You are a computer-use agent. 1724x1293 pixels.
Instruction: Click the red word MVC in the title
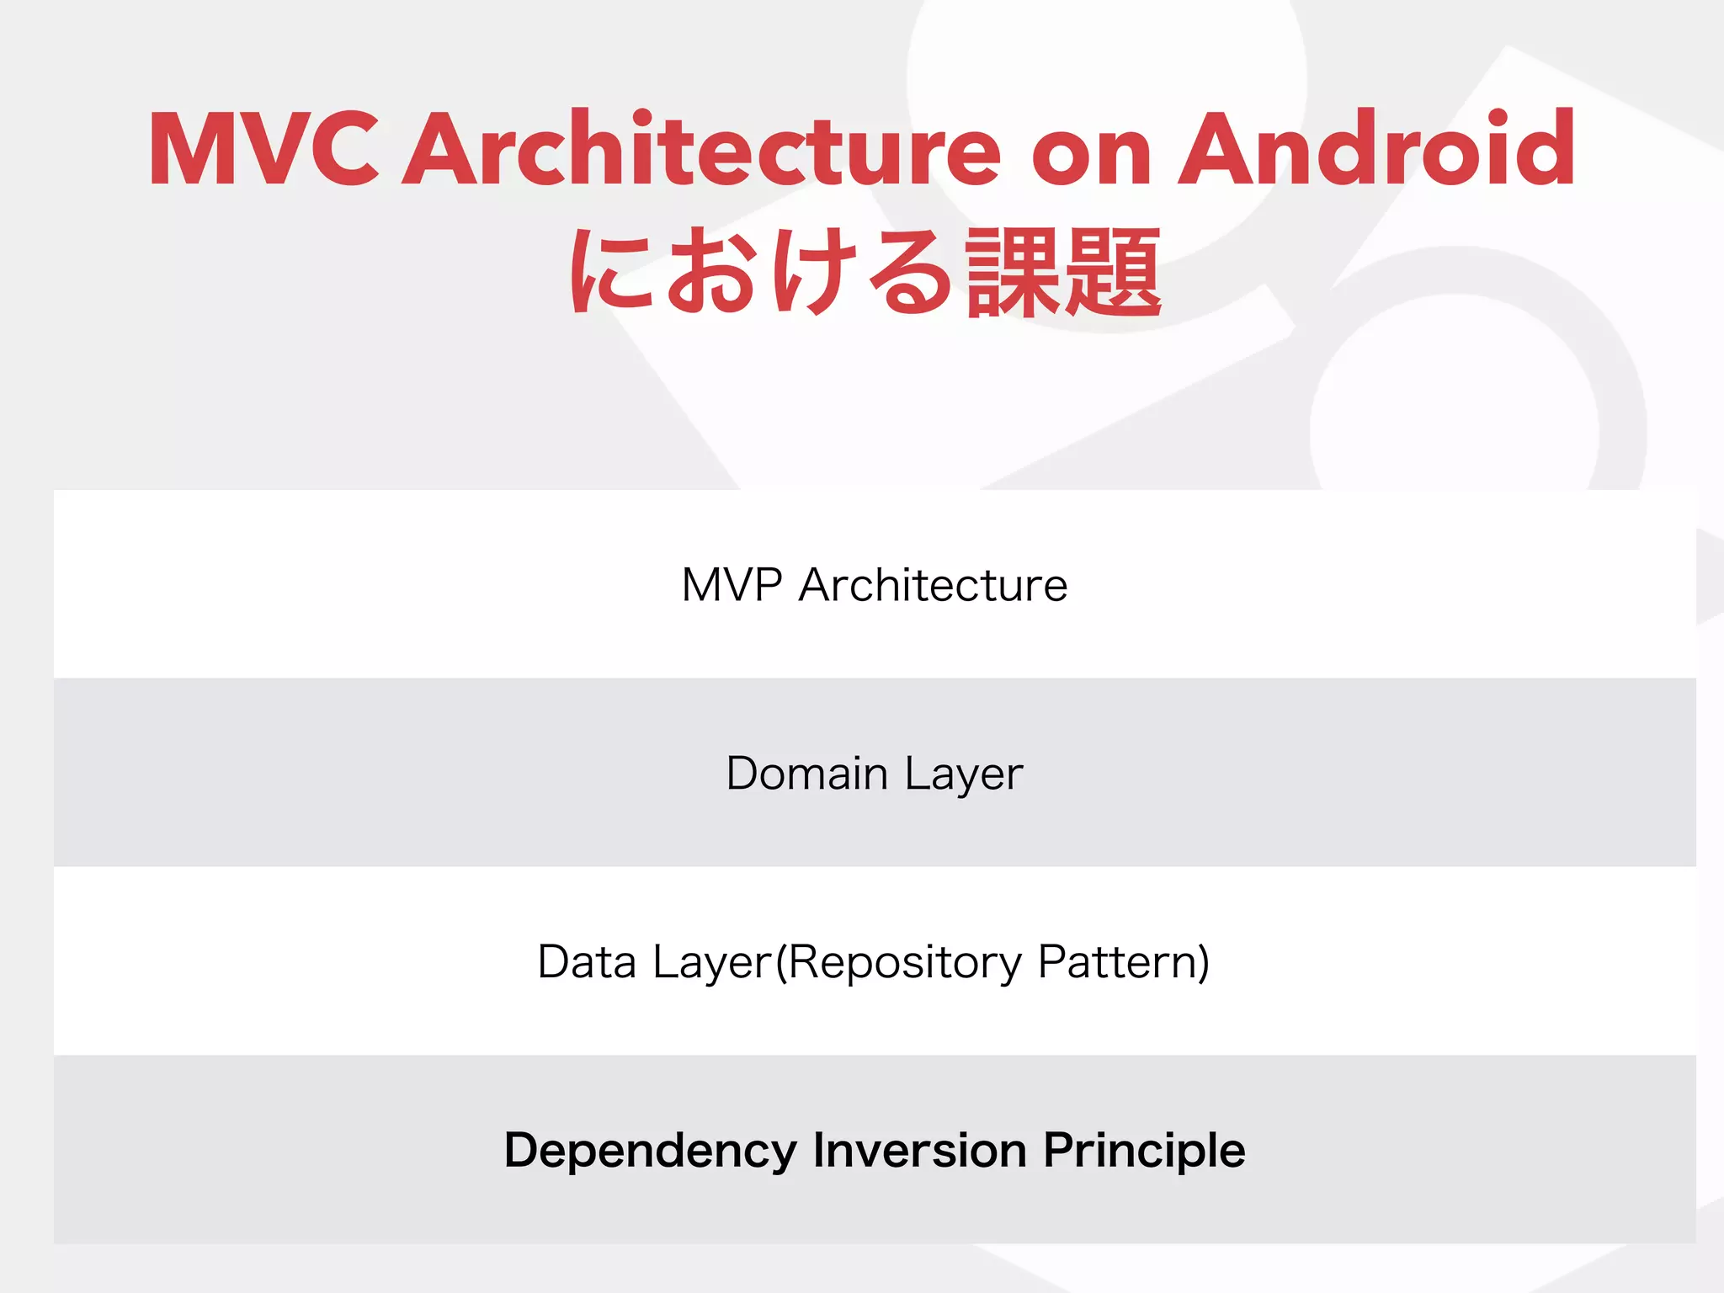[x=263, y=150]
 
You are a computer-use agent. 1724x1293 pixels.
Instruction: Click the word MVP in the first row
[x=732, y=585]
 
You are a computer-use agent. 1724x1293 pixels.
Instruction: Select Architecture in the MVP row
[x=933, y=585]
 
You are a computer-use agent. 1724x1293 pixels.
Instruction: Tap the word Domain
[x=806, y=774]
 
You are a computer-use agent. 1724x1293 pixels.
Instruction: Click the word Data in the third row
[x=587, y=961]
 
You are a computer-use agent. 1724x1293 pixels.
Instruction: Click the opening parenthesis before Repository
[x=780, y=962]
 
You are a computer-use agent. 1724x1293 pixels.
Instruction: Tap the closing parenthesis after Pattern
[x=1204, y=962]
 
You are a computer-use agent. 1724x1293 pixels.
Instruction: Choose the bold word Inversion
[x=919, y=1150]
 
